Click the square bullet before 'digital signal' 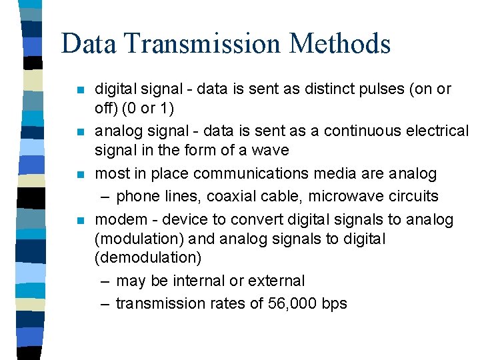click(x=80, y=90)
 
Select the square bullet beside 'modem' click(x=80, y=221)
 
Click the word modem click(x=116, y=219)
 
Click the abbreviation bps click(x=334, y=303)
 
